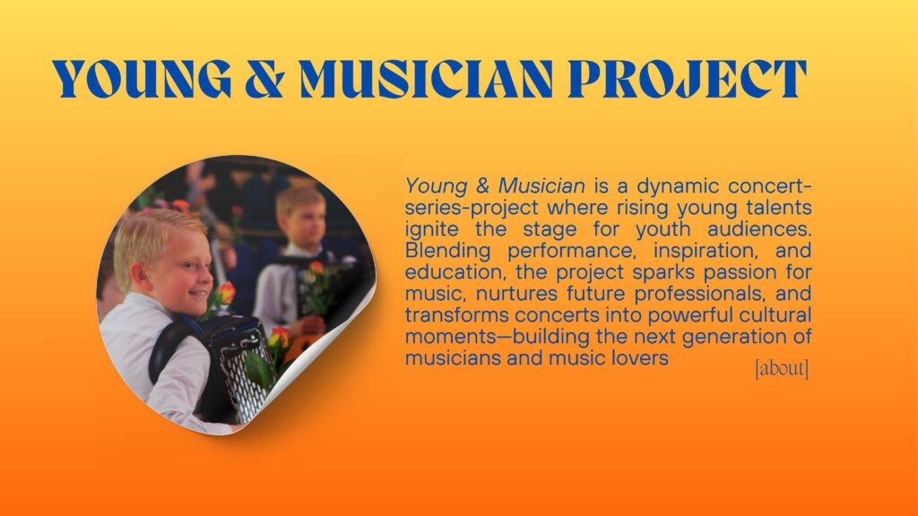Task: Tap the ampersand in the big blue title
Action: pos(265,79)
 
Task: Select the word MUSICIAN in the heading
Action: pos(427,79)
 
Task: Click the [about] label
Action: pos(782,368)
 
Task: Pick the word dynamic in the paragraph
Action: pos(678,186)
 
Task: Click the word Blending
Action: pos(448,252)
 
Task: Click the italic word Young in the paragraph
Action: pos(437,186)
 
